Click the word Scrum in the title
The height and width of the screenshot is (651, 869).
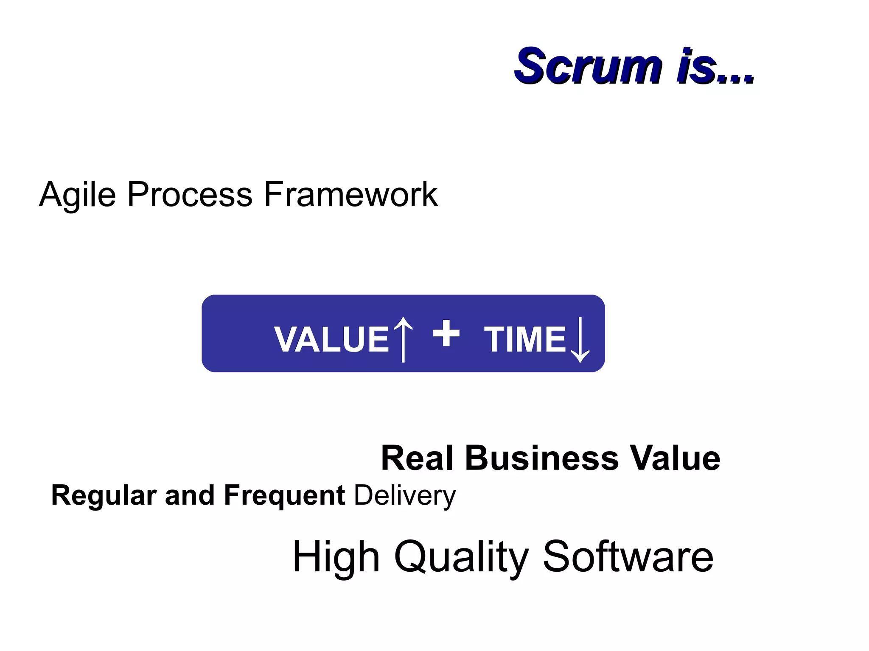(x=588, y=67)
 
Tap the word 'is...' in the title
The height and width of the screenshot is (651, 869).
(x=715, y=67)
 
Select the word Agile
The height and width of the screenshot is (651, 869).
(x=77, y=195)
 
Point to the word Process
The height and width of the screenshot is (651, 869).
(x=190, y=195)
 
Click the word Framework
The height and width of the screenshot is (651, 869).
(x=350, y=195)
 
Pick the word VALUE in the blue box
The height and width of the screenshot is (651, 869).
(x=331, y=339)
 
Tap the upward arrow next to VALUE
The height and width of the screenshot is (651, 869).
(x=403, y=339)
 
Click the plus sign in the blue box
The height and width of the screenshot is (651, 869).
(x=446, y=333)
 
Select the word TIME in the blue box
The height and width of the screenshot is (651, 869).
(x=525, y=339)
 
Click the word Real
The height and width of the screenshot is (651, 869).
(x=417, y=458)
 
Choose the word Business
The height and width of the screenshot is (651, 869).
(x=542, y=458)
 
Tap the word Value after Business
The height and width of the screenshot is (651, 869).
(x=675, y=458)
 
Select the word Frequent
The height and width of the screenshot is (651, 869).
(x=284, y=496)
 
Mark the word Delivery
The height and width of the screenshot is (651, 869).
(x=405, y=496)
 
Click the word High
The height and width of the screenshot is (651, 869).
(x=336, y=557)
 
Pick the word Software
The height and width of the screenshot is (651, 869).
(x=628, y=557)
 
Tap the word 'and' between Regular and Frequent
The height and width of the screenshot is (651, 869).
(x=190, y=496)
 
